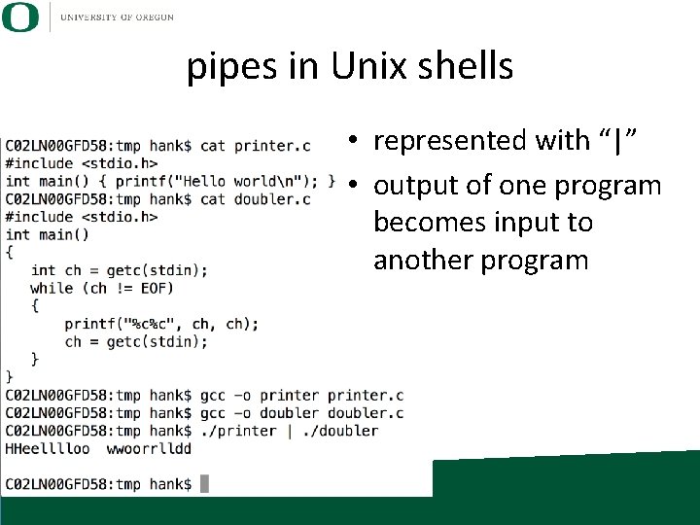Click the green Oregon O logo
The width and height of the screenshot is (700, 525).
point(21,17)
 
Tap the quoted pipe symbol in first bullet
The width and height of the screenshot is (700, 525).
point(617,141)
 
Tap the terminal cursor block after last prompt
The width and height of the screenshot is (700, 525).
point(204,484)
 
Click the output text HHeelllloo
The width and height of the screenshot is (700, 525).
point(48,448)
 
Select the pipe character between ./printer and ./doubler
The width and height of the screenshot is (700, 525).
point(291,431)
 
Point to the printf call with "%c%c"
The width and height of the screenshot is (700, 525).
point(161,324)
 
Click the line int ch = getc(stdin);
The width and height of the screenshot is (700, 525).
point(119,270)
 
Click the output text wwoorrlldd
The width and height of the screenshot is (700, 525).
point(149,448)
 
